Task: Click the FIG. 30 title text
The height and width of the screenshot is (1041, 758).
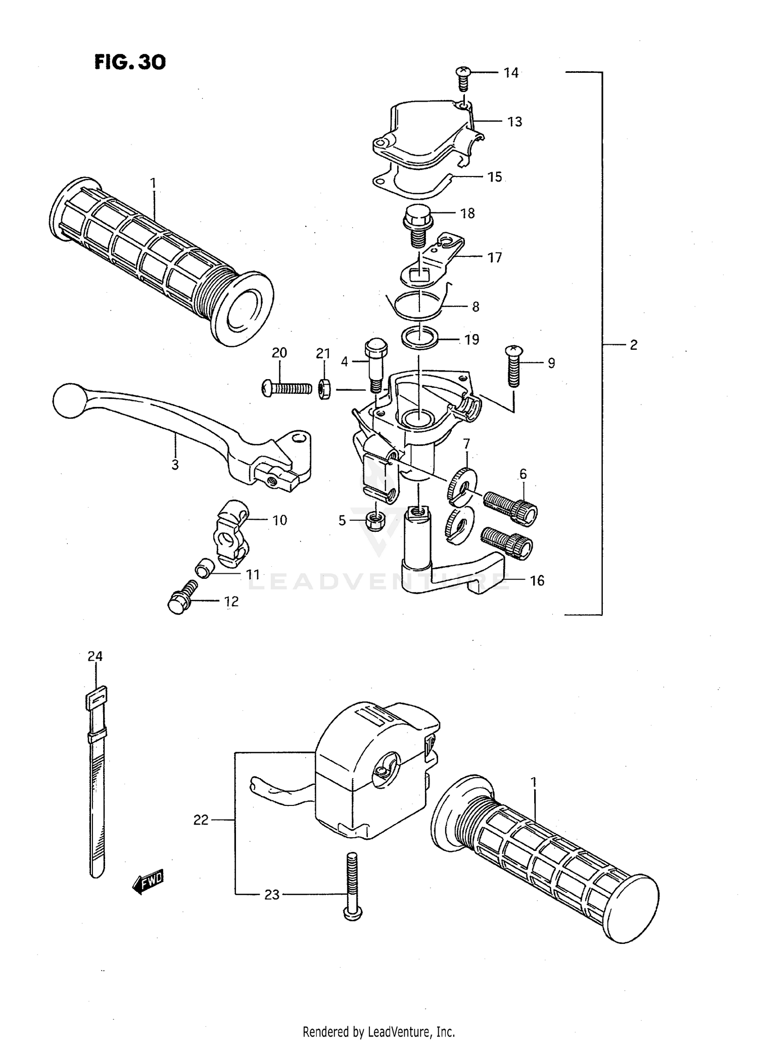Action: point(130,62)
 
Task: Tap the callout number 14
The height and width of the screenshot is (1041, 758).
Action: point(511,73)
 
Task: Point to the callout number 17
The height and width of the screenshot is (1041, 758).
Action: point(494,257)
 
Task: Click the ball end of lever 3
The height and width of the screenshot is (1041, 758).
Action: point(69,400)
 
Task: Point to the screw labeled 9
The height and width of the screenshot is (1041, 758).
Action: point(514,366)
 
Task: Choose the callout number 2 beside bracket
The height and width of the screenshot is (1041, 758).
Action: point(633,345)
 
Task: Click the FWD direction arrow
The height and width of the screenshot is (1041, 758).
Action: point(149,882)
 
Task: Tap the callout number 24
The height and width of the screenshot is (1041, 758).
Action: point(95,656)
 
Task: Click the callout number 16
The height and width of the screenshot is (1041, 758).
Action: point(537,580)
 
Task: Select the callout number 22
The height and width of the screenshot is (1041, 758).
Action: point(201,820)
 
